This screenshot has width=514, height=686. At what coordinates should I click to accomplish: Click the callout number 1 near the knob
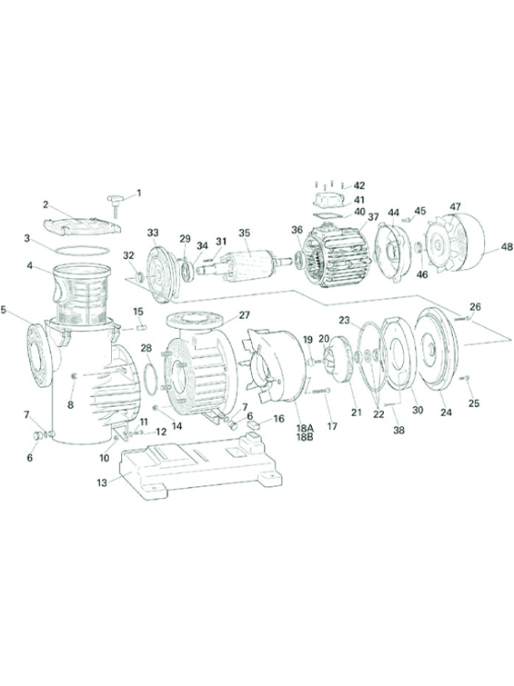pyautogui.click(x=139, y=193)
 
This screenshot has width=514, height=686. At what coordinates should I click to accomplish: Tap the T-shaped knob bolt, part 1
pyautogui.click(x=116, y=204)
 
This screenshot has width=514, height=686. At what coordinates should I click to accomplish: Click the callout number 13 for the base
pyautogui.click(x=102, y=482)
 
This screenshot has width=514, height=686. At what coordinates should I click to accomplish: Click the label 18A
pyautogui.click(x=305, y=428)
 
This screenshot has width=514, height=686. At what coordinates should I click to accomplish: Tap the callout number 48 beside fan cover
pyautogui.click(x=507, y=247)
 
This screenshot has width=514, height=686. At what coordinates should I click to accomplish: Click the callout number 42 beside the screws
pyautogui.click(x=359, y=185)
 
